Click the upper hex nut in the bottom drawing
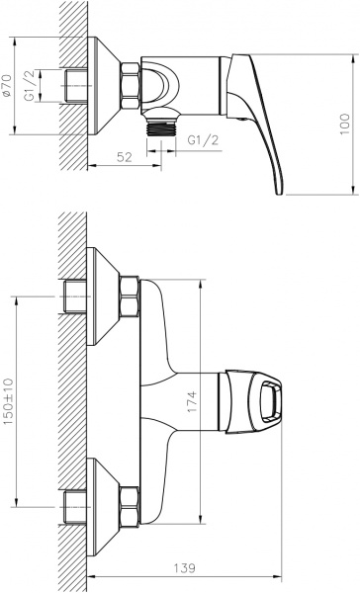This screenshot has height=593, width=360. coord(129,296)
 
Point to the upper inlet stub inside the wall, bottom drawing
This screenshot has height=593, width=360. coord(74,296)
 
